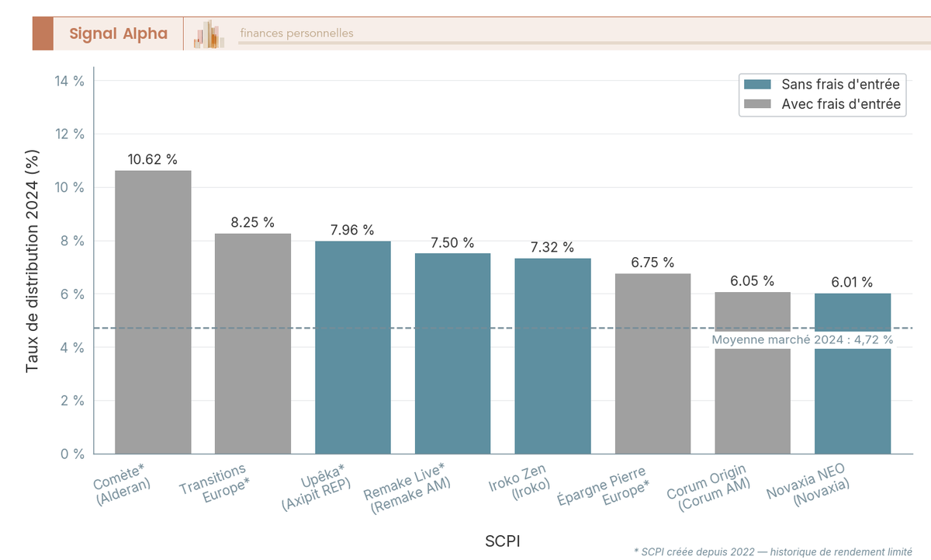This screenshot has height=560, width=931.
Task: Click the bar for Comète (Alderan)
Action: (153, 311)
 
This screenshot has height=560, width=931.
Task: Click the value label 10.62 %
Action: (153, 159)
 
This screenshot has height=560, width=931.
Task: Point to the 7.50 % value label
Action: (452, 242)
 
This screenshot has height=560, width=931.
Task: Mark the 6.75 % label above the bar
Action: (652, 263)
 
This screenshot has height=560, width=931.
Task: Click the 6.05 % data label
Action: (753, 281)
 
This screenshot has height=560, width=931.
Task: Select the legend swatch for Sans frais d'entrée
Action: (757, 84)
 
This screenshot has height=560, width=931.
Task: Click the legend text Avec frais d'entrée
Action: (841, 104)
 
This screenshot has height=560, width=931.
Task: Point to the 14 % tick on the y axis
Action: (69, 81)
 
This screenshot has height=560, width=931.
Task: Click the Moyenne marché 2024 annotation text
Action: (802, 339)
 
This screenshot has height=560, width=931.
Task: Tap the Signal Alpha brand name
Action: (118, 33)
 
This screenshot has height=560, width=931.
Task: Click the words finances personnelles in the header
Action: (296, 33)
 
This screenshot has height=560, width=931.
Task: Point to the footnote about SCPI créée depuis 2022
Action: (773, 551)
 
